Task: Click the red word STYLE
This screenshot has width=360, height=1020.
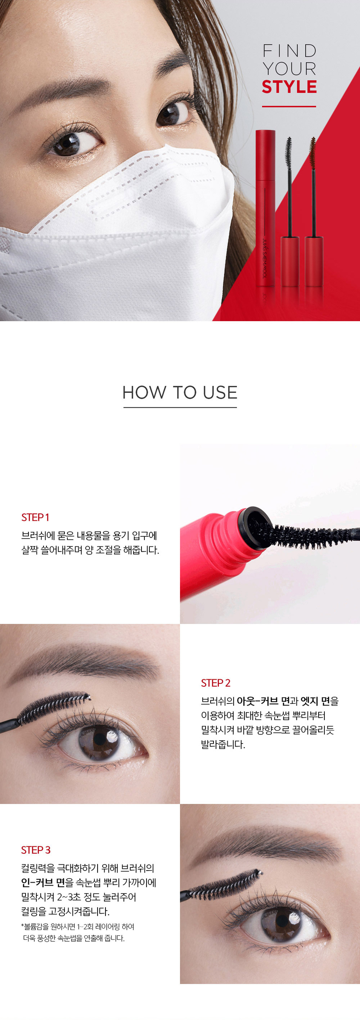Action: [x=289, y=87]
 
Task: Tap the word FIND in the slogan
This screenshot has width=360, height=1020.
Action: [x=289, y=51]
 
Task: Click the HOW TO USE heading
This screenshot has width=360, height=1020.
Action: [x=180, y=393]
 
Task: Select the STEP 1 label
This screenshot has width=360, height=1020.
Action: [x=35, y=518]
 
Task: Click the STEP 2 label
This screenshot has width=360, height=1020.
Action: [x=216, y=683]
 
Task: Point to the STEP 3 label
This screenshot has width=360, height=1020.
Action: [x=36, y=850]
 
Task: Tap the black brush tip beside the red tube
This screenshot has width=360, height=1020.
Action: [x=288, y=153]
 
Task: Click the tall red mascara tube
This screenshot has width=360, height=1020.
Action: [x=265, y=208]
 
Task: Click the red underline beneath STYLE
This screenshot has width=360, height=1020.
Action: [x=289, y=106]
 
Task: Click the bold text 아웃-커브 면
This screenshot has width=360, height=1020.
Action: [x=263, y=701]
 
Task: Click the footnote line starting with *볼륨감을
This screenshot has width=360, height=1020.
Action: [x=77, y=927]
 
